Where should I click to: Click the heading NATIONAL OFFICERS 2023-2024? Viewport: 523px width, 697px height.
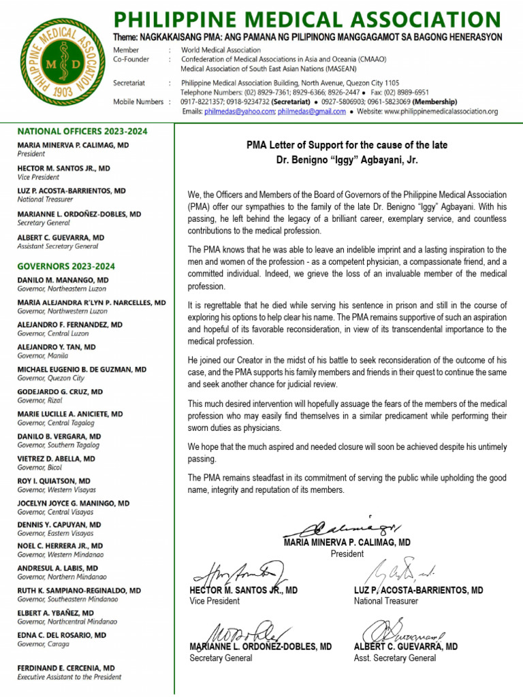point(82,131)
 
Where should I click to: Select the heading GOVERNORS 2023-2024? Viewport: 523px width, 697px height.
point(66,266)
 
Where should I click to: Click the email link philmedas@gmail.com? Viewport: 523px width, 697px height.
point(311,112)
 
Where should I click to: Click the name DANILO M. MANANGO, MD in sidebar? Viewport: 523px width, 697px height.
point(63,280)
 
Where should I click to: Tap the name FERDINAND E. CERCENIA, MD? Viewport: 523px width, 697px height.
point(66,668)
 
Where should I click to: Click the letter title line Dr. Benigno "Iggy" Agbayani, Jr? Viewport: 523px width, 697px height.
point(347,161)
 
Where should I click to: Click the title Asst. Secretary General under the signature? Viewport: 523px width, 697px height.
point(394,658)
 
